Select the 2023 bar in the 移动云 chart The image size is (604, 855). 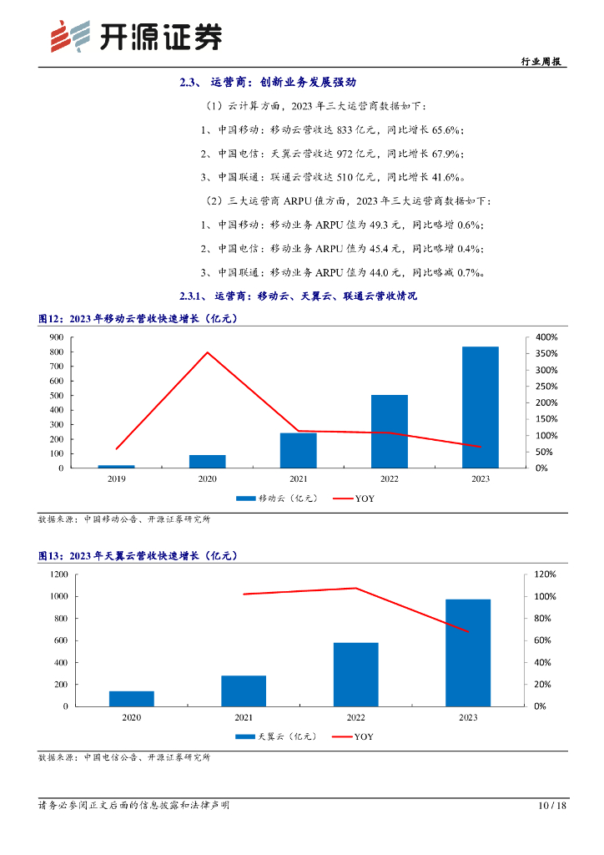pos(481,407)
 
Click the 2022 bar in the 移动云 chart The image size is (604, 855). pos(390,432)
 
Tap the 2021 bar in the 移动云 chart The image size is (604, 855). pos(298,450)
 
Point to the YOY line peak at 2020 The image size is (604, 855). pos(208,352)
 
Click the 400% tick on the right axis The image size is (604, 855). pos(546,336)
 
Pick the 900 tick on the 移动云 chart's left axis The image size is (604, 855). pos(56,336)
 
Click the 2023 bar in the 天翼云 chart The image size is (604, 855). pos(467,652)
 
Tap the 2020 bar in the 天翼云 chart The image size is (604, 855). pos(131,698)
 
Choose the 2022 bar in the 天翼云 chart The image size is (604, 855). pos(355,674)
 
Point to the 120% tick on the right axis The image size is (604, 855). pos(545,574)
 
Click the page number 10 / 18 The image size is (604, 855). pos(552,806)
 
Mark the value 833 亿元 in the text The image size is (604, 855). pos(343,130)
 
